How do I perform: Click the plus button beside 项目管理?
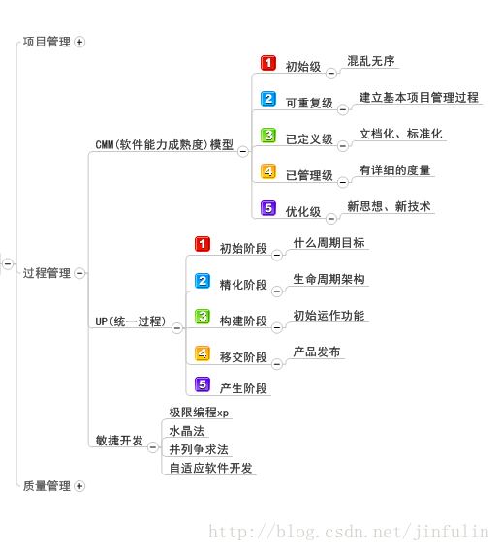click(79, 42)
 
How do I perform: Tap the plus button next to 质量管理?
click(79, 486)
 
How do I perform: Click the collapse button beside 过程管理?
click(79, 273)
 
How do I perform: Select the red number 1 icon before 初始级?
click(268, 63)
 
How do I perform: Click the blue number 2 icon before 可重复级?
click(268, 99)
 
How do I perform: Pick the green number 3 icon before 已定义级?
click(268, 136)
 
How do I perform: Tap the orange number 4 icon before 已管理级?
click(268, 171)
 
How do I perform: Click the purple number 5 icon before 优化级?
click(268, 208)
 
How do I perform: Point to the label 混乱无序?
click(371, 61)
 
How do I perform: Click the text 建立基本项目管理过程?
click(419, 98)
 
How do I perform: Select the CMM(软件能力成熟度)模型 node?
click(164, 145)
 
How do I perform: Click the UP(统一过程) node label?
click(131, 321)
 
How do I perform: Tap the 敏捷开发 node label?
click(119, 441)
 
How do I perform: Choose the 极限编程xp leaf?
click(199, 413)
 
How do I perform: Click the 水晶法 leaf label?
click(187, 431)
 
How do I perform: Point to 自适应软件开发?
click(210, 468)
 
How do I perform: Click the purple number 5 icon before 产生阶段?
click(203, 384)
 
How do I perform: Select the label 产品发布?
click(317, 352)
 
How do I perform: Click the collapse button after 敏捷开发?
click(153, 447)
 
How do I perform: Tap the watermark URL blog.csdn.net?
click(348, 532)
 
